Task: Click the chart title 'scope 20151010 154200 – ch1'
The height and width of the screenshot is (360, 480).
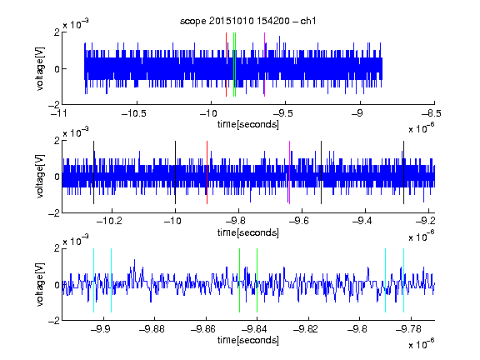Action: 247,21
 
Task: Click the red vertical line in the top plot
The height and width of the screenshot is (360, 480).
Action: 226,65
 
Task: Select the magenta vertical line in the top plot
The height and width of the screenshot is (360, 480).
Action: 264,65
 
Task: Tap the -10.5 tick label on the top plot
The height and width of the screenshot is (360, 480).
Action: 134,113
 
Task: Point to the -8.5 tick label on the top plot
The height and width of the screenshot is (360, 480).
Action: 432,113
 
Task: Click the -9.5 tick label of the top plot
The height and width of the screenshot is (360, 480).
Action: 282,113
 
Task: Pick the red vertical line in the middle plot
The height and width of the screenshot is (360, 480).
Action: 207,172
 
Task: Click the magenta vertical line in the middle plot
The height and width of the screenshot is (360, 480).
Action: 290,172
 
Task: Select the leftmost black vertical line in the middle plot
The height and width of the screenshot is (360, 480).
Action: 93,172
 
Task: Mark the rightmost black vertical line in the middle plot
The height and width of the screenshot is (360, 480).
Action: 403,172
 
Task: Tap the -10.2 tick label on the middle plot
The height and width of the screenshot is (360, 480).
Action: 109,221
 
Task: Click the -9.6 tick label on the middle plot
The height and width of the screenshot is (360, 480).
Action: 299,221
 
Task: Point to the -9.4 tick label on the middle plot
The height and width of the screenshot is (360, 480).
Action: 362,221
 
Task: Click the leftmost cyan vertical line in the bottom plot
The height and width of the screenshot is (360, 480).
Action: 93,280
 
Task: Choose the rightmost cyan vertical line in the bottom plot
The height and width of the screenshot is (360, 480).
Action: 404,280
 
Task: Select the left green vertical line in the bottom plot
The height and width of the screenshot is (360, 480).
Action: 239,280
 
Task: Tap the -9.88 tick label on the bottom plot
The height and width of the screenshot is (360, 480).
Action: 152,329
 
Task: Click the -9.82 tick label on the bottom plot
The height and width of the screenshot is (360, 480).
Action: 306,329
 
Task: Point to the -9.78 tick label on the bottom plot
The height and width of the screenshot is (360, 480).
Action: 408,329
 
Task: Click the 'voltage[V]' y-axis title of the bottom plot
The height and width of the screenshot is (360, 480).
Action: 40,284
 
